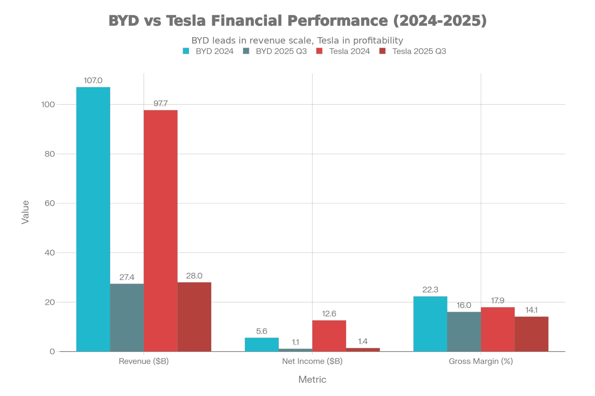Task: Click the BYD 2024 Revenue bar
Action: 93,219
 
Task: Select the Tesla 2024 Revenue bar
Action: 161,230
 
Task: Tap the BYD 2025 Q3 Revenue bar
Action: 127,318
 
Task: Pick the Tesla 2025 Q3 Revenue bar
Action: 194,317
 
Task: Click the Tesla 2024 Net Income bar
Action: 329,335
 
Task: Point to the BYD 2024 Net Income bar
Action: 261,344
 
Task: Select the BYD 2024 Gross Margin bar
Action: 430,324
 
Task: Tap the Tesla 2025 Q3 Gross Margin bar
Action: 531,334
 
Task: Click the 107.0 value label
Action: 93,81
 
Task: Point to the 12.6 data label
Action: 329,314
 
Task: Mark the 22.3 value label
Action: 430,290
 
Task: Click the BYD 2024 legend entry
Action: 208,51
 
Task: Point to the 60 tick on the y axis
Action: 49,203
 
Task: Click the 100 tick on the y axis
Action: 48,104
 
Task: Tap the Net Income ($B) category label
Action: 312,361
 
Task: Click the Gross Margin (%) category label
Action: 481,361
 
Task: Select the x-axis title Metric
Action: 312,380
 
